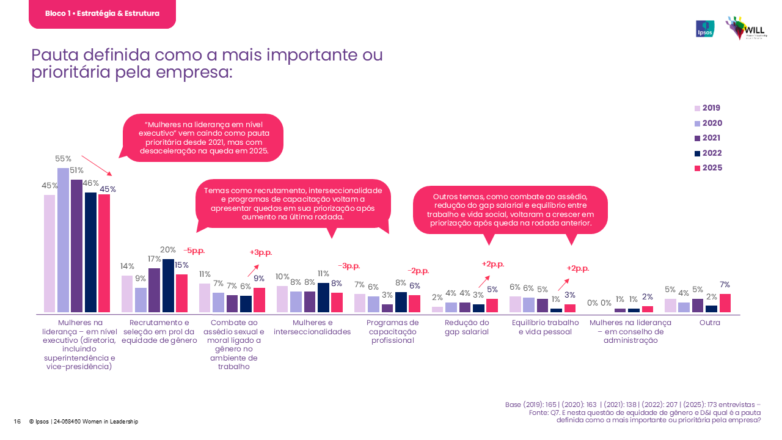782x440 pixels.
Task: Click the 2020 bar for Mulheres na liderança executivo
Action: point(63,240)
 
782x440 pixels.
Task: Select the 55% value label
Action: point(64,159)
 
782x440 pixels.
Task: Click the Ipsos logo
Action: point(705,29)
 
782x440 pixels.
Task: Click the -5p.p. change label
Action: point(194,251)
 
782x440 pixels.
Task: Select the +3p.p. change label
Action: point(261,252)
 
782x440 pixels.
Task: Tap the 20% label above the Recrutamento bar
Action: point(168,249)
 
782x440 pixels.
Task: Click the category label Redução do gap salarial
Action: point(467,327)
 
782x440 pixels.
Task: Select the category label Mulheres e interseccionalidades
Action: point(312,327)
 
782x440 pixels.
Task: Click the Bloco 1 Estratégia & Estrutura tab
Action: point(102,13)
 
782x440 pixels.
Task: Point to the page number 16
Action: point(17,422)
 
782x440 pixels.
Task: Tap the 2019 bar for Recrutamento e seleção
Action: point(127,294)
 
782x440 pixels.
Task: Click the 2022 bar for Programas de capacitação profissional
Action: point(400,302)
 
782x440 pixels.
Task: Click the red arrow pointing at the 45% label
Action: point(96,165)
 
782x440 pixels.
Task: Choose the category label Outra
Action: point(710,323)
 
